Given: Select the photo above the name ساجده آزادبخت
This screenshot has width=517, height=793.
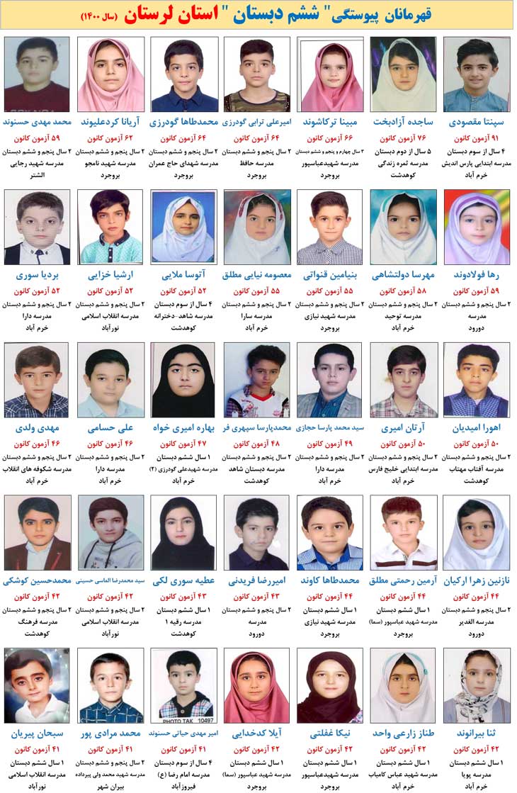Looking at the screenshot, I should click(403, 74).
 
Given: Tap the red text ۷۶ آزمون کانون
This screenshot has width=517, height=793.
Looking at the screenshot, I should click(403, 138).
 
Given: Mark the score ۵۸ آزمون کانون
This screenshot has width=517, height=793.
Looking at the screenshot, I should click(403, 291).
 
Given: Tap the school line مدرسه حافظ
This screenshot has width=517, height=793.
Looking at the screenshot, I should click(256, 163).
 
